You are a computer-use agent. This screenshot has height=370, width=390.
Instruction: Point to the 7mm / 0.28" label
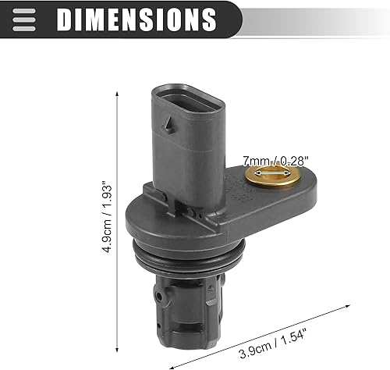(273, 160)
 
